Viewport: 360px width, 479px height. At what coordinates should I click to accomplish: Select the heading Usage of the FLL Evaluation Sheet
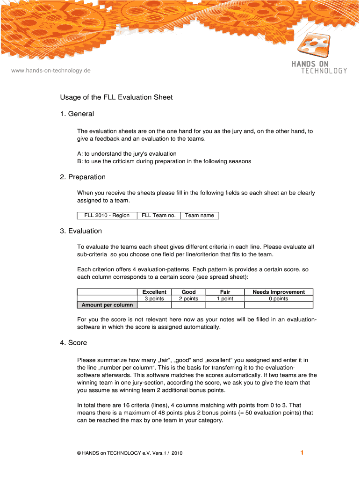[x=116, y=97]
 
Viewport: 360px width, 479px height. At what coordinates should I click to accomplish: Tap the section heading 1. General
[x=77, y=114]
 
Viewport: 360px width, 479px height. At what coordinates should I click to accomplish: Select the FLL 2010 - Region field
[x=107, y=215]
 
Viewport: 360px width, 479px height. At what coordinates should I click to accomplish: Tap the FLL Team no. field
[x=158, y=215]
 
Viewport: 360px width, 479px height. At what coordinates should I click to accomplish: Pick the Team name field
[x=199, y=215]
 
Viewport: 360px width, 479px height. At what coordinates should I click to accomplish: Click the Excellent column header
[x=154, y=292]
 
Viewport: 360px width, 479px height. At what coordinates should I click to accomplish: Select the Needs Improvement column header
[x=279, y=292]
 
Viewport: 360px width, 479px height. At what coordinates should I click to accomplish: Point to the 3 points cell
[x=154, y=298]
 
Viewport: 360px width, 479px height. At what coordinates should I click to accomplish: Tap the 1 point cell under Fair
[x=225, y=298]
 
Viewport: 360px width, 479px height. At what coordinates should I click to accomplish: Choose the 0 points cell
[x=279, y=298]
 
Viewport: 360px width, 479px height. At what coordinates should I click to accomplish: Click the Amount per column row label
[x=107, y=305]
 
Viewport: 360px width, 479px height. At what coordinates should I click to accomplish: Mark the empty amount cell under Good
[x=188, y=305]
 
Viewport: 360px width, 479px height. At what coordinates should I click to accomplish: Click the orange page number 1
[x=302, y=452]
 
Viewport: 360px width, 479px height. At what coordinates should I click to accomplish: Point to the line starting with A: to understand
[x=127, y=153]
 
